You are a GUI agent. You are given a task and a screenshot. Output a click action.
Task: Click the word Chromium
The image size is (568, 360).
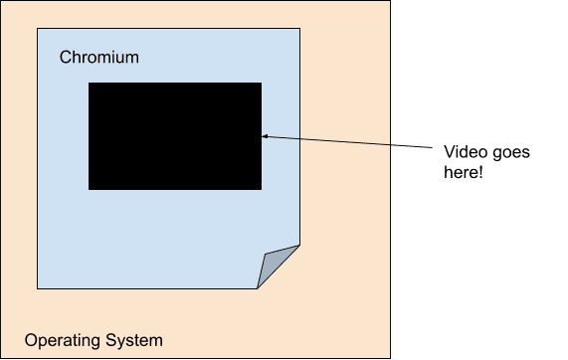(x=99, y=58)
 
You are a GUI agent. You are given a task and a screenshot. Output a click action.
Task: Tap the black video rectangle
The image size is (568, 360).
(x=175, y=136)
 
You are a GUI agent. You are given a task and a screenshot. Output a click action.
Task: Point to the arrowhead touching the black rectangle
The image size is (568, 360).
(x=265, y=136)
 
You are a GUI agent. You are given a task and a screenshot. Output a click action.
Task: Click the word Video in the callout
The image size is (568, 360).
(x=463, y=152)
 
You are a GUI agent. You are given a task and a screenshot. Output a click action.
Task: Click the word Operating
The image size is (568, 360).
(x=62, y=341)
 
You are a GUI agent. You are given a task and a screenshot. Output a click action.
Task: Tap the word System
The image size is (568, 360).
(x=133, y=341)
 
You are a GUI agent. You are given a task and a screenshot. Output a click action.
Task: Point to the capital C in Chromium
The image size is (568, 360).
(x=66, y=58)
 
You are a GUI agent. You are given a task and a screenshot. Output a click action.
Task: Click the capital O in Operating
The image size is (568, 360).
(x=31, y=341)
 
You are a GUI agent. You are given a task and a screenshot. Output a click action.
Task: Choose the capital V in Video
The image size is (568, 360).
(x=449, y=152)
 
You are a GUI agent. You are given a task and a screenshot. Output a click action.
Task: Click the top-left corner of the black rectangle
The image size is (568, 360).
(x=90, y=84)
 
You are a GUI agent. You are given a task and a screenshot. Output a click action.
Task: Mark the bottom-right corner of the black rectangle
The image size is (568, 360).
(x=261, y=188)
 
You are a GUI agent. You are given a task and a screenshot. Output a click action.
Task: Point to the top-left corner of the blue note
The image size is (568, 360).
(x=38, y=28)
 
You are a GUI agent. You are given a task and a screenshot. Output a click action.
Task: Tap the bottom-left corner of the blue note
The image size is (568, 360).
(x=38, y=287)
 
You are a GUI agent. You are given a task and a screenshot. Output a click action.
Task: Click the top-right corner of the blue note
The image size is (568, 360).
(x=299, y=28)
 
